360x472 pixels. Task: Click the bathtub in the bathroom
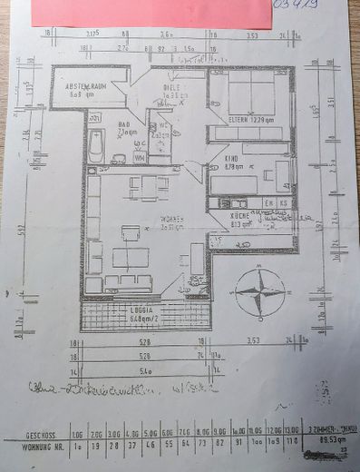[96, 145]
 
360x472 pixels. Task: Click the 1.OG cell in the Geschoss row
[79, 434]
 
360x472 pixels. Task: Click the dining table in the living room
[148, 187]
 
